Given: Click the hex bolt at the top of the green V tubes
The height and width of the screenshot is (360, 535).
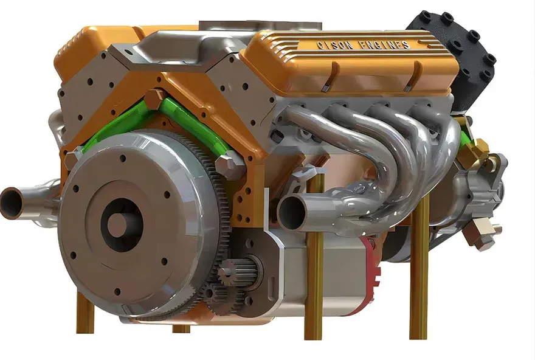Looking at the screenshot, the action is (x=155, y=99).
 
